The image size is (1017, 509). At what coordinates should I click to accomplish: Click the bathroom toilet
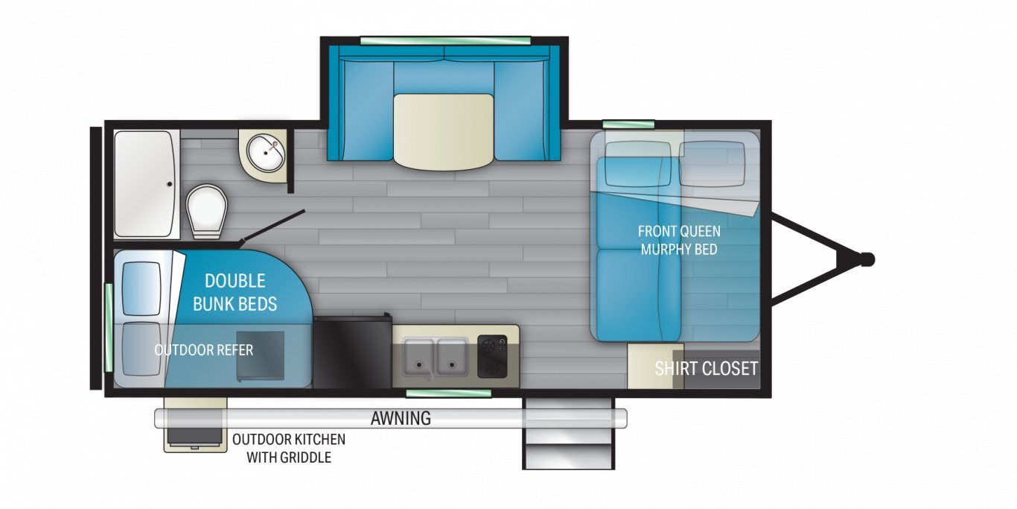(x=206, y=212)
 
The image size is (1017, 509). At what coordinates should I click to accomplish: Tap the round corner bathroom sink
(x=266, y=154)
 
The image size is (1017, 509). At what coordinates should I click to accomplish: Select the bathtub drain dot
(x=169, y=184)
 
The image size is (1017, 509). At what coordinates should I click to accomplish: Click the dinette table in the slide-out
(x=443, y=132)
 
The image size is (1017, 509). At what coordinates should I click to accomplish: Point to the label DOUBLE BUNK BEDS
(x=235, y=292)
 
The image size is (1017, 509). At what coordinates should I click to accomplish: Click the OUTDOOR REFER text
(x=203, y=350)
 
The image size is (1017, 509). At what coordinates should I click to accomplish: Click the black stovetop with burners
(x=492, y=356)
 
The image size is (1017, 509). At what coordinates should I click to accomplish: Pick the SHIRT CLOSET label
(x=706, y=368)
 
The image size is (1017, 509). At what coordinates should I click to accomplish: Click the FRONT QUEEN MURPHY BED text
(x=679, y=240)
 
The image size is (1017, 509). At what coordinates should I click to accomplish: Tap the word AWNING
(x=401, y=418)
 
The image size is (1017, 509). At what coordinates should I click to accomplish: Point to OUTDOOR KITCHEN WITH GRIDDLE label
(x=289, y=448)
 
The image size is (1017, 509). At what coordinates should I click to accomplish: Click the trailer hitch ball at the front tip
(x=867, y=259)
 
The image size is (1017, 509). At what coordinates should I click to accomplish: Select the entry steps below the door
(x=568, y=434)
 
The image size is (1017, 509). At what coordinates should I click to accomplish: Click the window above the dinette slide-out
(x=445, y=40)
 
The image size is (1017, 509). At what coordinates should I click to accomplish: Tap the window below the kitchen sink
(x=448, y=393)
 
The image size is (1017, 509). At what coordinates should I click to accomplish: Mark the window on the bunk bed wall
(x=109, y=327)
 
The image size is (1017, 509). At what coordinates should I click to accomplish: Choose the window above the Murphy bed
(x=628, y=124)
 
